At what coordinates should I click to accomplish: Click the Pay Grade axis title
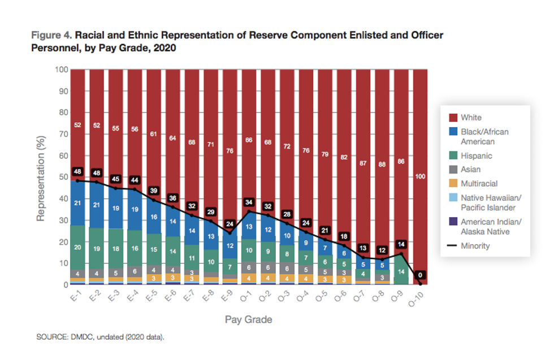point(248,320)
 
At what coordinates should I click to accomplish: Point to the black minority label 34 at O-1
point(248,202)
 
